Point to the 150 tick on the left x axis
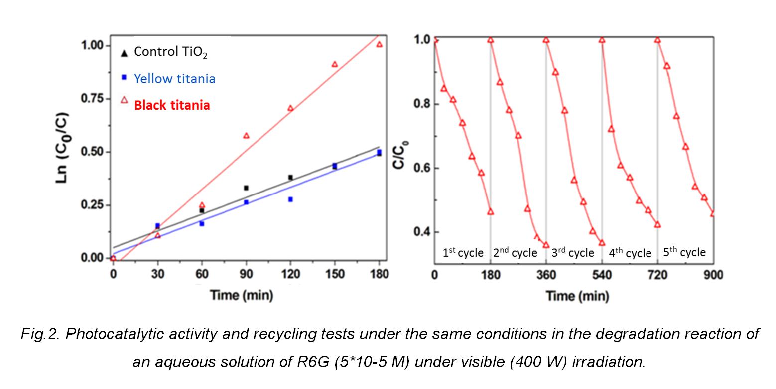[x=335, y=274]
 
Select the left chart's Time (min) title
[x=241, y=295]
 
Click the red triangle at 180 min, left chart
[x=379, y=44]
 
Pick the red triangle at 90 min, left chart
[x=246, y=136]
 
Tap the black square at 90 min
[x=246, y=188]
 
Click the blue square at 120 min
[x=290, y=199]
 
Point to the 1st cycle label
[x=463, y=253]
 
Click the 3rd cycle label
[x=573, y=253]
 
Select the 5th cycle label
[x=684, y=252]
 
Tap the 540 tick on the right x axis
[x=602, y=274]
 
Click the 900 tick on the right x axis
[x=713, y=274]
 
